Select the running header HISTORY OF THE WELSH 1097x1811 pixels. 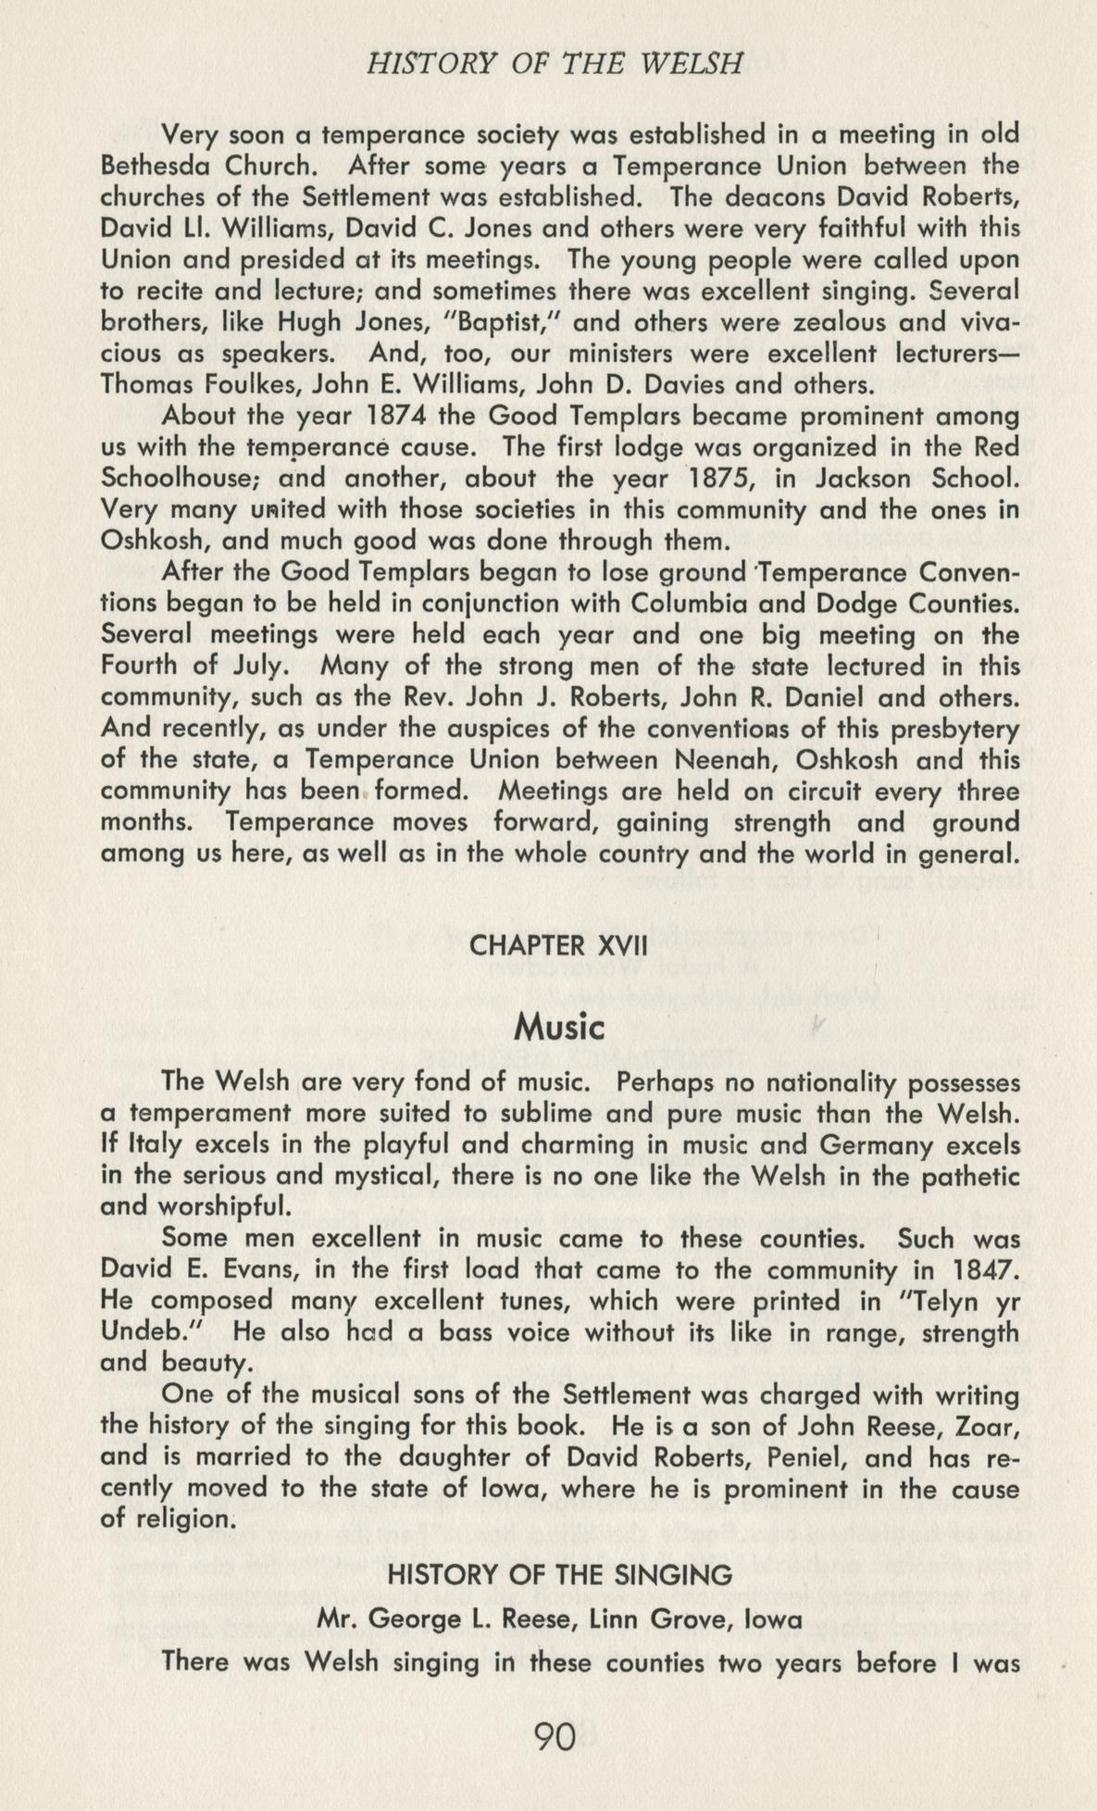point(555,64)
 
